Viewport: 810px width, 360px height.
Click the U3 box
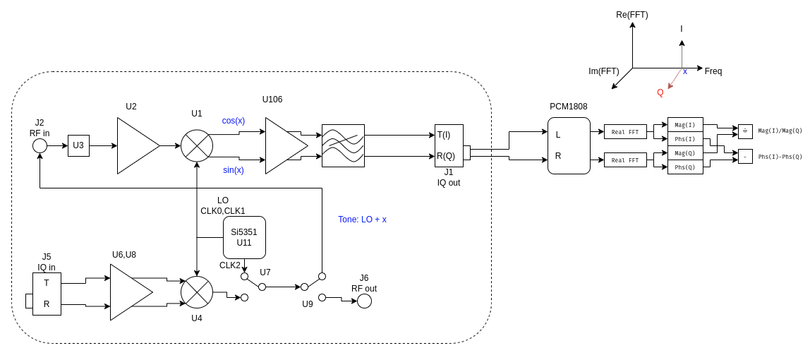pos(78,146)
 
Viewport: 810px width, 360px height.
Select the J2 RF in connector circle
pos(40,145)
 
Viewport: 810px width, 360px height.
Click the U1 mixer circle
pos(197,146)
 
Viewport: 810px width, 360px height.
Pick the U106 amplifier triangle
pos(282,146)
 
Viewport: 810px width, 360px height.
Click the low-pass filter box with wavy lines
pos(343,146)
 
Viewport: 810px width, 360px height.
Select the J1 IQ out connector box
pos(449,146)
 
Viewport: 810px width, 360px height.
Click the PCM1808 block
pos(569,146)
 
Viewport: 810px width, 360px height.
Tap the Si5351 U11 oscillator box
pos(244,237)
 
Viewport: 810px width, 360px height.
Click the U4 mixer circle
pos(197,292)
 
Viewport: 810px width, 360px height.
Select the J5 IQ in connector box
pos(47,294)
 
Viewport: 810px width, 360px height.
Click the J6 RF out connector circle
pos(364,301)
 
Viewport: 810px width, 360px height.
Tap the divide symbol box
pos(745,131)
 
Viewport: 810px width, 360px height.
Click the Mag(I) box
pos(685,125)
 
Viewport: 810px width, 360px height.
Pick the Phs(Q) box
pos(685,167)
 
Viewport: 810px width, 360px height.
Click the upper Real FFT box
pos(625,132)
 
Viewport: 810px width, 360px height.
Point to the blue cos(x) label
pos(234,121)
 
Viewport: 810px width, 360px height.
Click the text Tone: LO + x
pos(362,220)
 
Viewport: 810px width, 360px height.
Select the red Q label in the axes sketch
pos(660,92)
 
